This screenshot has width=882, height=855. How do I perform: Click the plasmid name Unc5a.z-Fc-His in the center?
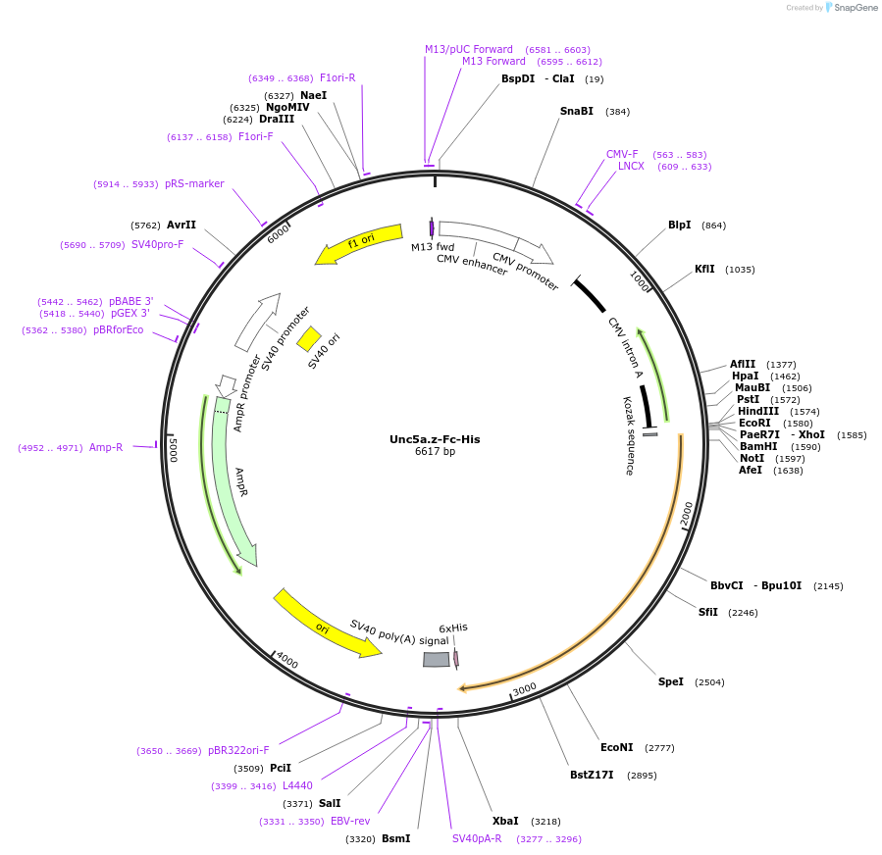[435, 438]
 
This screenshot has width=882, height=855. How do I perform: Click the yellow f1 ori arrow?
[359, 244]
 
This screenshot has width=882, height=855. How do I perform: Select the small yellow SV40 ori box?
[309, 338]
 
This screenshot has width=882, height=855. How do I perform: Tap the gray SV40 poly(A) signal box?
[437, 659]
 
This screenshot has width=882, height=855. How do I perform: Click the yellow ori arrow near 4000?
[326, 625]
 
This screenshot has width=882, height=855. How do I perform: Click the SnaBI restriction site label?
[577, 111]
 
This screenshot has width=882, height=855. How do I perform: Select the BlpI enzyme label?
[680, 225]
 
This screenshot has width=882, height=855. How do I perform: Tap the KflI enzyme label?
[704, 269]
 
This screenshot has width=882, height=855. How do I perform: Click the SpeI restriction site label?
[671, 681]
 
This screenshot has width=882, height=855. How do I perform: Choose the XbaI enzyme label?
[505, 821]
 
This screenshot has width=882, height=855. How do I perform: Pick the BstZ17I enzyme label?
[592, 775]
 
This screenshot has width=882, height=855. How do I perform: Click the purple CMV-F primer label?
[622, 154]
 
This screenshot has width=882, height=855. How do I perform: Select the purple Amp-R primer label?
[106, 447]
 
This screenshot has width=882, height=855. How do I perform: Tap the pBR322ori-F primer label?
[238, 750]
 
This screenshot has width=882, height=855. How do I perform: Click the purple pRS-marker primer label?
[194, 183]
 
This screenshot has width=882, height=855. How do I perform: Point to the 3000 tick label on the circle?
[525, 688]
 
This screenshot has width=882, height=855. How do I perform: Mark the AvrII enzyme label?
[182, 225]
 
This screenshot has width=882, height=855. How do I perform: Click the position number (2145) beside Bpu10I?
[828, 586]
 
